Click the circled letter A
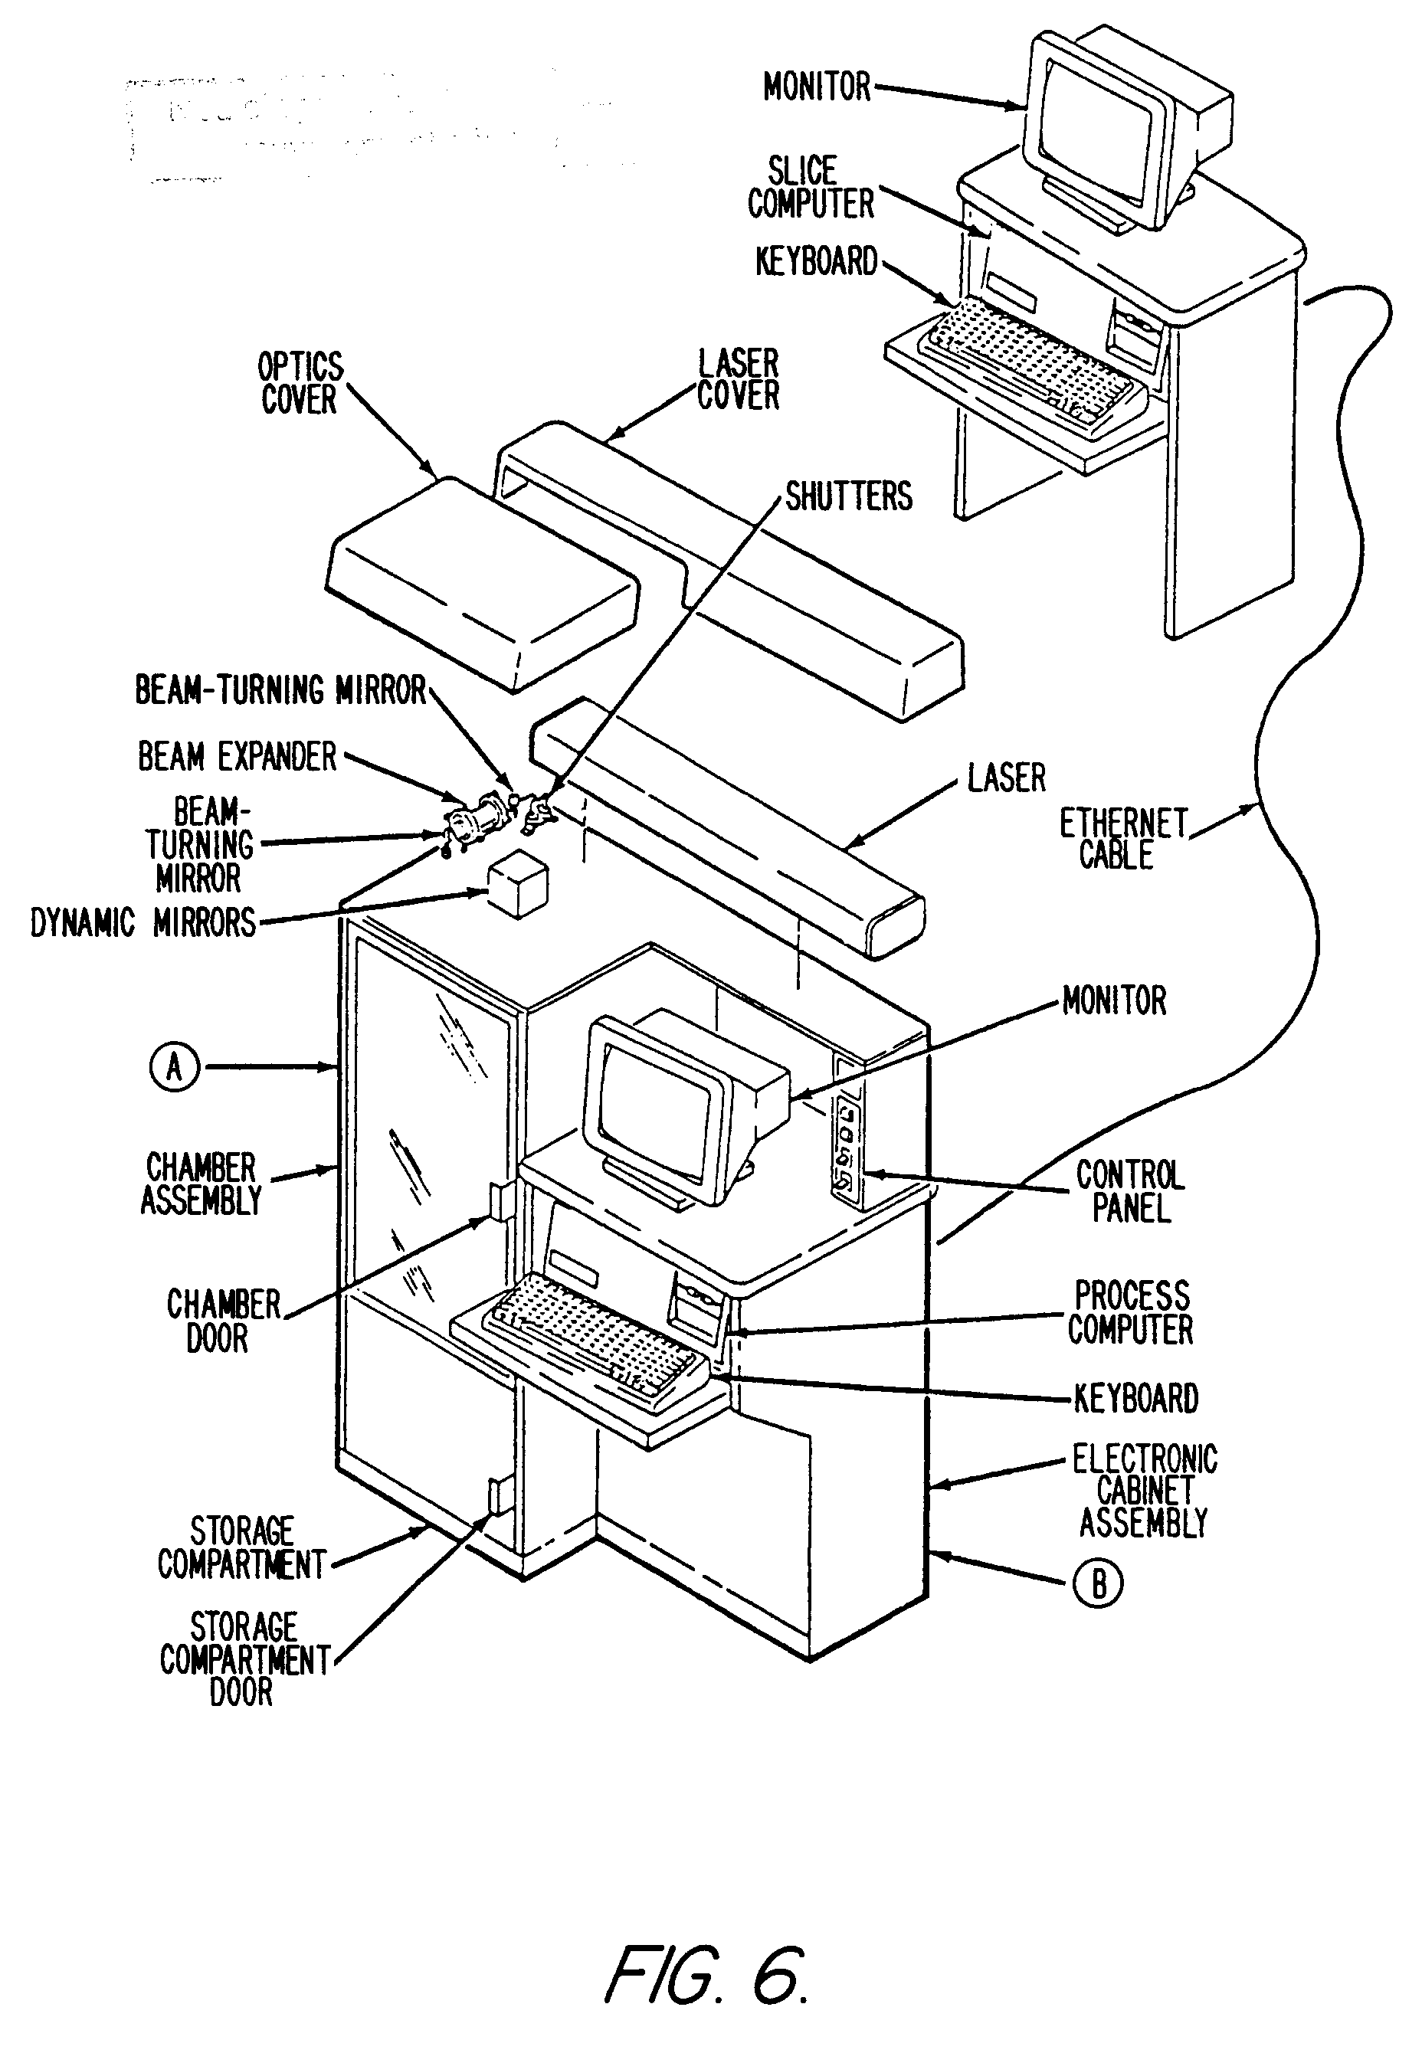pyautogui.click(x=175, y=1066)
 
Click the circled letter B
pyautogui.click(x=1099, y=1584)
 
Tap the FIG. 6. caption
pyautogui.click(x=706, y=1974)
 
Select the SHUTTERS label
pyautogui.click(x=848, y=497)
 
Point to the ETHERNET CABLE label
pyautogui.click(x=1122, y=839)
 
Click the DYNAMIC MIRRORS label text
pyautogui.click(x=143, y=923)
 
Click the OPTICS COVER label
pyautogui.click(x=300, y=383)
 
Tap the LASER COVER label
pyautogui.click(x=738, y=379)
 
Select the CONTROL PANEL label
pyautogui.click(x=1130, y=1192)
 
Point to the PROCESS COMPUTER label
pyautogui.click(x=1131, y=1313)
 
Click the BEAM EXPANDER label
pyautogui.click(x=237, y=757)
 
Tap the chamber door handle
pyautogui.click(x=499, y=1200)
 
